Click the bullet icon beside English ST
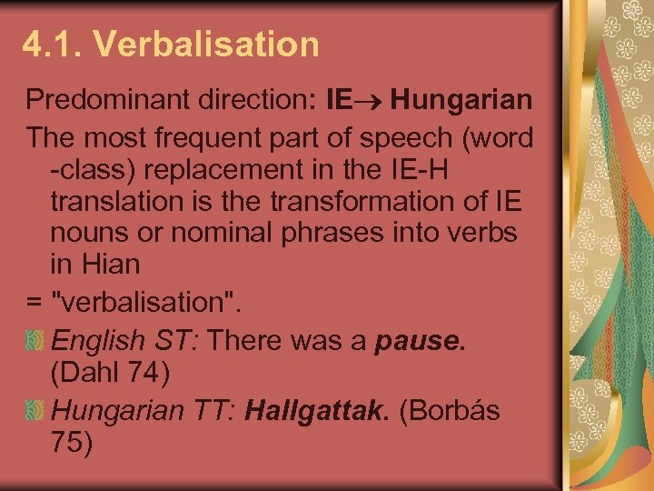[35, 340]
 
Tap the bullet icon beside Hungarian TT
[35, 410]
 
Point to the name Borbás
[450, 410]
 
